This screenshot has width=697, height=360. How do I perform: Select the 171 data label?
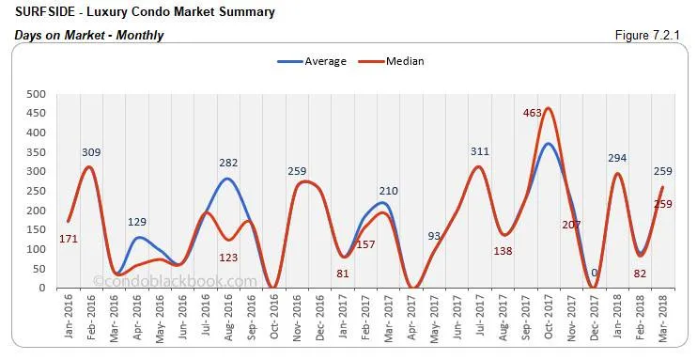click(42, 239)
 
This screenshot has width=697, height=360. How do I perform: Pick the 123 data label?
click(229, 257)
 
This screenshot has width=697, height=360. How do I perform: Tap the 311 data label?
click(480, 151)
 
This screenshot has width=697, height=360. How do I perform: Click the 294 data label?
click(618, 158)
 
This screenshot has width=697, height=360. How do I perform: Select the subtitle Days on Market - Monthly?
click(89, 35)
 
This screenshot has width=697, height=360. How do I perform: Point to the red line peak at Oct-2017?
click(548, 108)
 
